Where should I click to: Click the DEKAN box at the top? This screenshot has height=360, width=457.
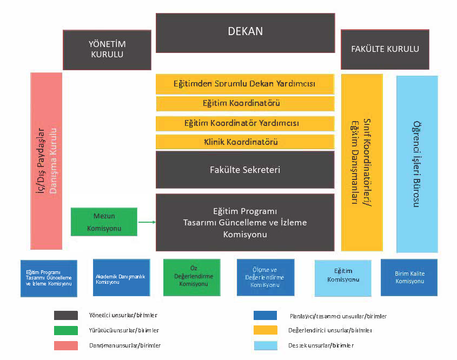tap(245, 32)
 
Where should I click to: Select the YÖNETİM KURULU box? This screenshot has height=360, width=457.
tap(107, 50)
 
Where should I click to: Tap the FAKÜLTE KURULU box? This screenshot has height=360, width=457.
tap(385, 49)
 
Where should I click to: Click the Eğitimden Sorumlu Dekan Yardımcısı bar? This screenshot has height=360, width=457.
tap(244, 84)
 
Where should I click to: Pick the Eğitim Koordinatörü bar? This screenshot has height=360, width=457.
tap(244, 103)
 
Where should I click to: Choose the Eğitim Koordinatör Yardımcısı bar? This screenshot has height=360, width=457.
tap(244, 123)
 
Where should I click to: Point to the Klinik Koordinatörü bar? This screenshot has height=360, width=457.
tap(244, 142)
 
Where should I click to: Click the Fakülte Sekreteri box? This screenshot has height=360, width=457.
tap(244, 170)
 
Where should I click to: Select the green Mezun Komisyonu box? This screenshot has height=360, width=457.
tap(104, 222)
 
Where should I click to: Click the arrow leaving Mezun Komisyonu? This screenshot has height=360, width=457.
tap(147, 222)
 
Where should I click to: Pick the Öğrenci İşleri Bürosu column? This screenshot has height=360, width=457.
tap(416, 164)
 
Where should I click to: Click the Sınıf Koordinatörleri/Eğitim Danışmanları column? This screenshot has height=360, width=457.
tap(361, 162)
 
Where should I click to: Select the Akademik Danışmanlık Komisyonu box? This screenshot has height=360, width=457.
tap(121, 278)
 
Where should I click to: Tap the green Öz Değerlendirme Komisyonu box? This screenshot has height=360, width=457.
tap(191, 278)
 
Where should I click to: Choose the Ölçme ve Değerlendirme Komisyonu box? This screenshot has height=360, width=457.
tap(266, 278)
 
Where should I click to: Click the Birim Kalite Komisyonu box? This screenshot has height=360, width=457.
tap(409, 278)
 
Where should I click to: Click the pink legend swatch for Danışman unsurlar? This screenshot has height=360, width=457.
tap(65, 345)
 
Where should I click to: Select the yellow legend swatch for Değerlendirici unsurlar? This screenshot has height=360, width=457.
tap(265, 330)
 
